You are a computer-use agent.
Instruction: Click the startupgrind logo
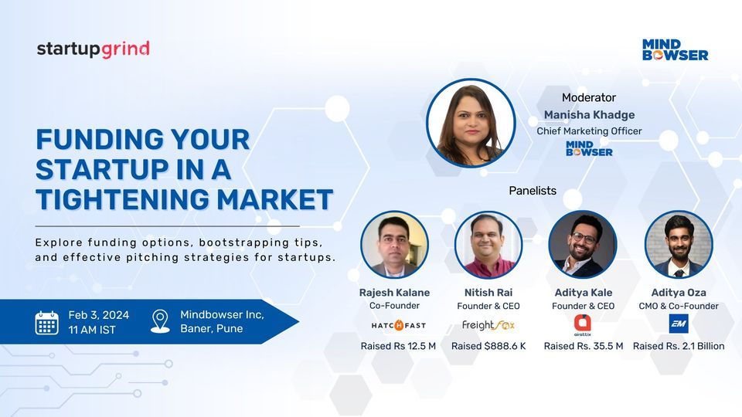click(93, 49)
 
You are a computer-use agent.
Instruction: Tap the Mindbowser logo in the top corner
click(675, 49)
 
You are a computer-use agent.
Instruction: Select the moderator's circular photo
click(471, 123)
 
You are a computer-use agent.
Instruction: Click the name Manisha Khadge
click(589, 115)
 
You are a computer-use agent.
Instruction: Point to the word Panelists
click(533, 190)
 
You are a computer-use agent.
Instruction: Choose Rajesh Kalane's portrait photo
click(394, 245)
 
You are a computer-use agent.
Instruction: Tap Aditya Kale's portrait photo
click(583, 245)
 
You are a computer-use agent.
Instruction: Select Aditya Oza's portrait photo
click(678, 245)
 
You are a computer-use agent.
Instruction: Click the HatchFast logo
click(398, 325)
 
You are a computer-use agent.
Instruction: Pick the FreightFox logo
click(488, 325)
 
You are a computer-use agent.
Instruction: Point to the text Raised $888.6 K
click(488, 346)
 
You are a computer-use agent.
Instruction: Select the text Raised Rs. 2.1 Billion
click(679, 346)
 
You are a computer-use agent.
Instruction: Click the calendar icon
click(47, 322)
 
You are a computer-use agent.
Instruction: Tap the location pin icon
click(160, 321)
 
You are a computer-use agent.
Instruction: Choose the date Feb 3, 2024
click(99, 314)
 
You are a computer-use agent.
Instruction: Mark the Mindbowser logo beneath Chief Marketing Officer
click(589, 147)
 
